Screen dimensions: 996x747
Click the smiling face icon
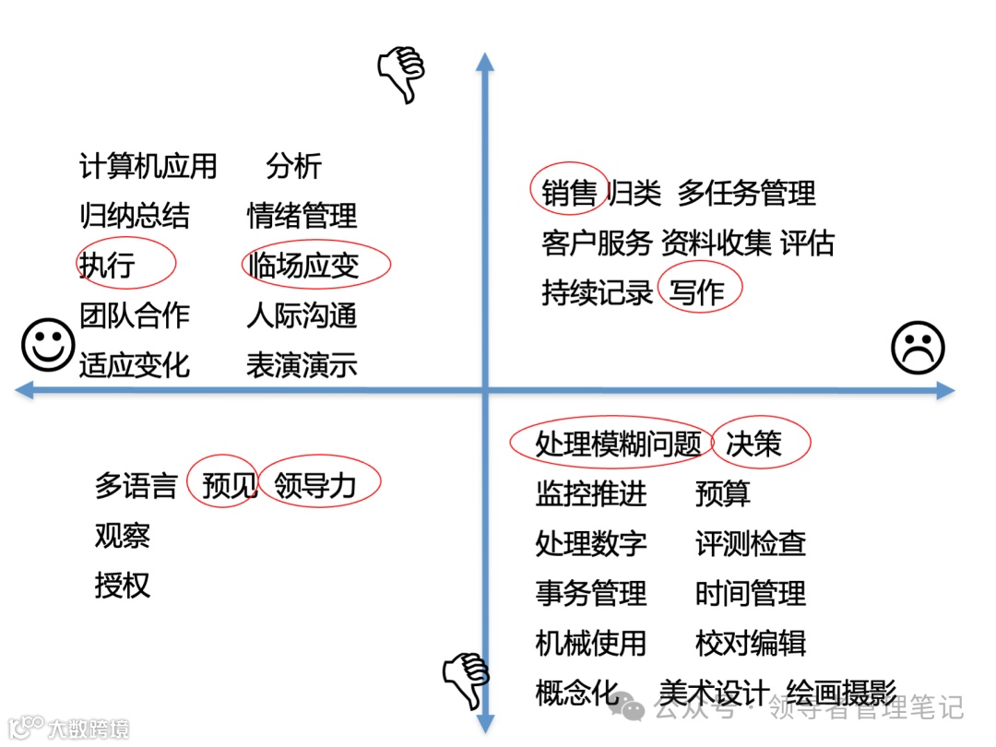[48, 344]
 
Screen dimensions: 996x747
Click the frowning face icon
[918, 349]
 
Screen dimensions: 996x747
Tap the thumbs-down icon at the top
[402, 75]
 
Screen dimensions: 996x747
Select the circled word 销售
[569, 193]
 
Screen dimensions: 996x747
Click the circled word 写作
[697, 292]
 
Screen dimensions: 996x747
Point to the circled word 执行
[108, 265]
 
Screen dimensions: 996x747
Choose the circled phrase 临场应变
[303, 266]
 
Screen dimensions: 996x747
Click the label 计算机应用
[148, 167]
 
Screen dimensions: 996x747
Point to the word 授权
[122, 585]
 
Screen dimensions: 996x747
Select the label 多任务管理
[747, 193]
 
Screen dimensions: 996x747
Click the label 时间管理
[751, 593]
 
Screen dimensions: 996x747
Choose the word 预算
[723, 493]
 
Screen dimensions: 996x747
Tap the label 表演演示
[302, 365]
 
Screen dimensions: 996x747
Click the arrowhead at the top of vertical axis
[484, 62]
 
